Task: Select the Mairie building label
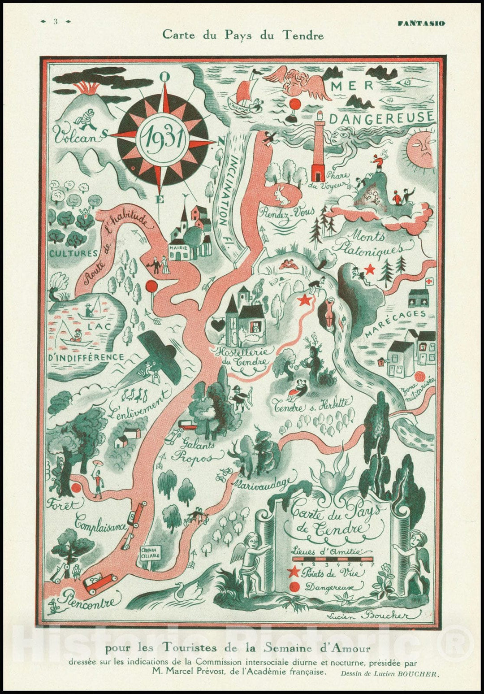click(178, 247)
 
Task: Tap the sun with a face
click(422, 149)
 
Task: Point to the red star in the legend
click(294, 572)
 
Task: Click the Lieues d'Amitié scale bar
click(332, 559)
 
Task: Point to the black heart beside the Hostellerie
click(217, 325)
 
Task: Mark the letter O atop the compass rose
click(164, 77)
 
